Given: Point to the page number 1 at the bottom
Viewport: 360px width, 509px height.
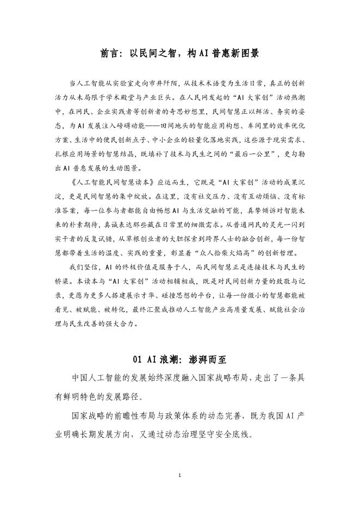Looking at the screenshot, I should (179, 476).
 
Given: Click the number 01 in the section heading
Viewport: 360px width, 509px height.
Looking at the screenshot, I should (138, 359).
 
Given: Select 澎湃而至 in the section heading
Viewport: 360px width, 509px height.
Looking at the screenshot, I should (207, 359).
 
